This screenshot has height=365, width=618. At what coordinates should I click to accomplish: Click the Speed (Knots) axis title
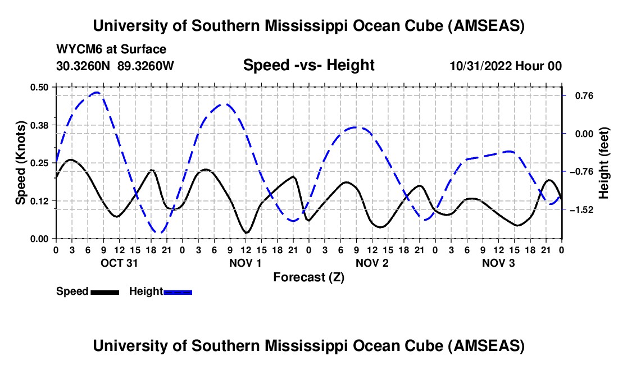pos(20,163)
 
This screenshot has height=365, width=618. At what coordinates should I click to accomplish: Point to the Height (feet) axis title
pos(604,163)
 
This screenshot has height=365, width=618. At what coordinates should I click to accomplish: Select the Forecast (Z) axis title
pos(308,277)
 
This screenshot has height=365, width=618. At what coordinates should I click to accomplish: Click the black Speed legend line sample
pos(104,291)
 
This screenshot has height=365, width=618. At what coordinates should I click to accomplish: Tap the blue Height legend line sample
pos(178,291)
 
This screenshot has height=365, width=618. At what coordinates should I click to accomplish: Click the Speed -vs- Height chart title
pos(308,65)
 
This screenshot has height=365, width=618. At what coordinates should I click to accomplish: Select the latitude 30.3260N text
pos(83,66)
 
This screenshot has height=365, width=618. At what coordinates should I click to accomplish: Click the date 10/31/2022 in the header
pos(481,66)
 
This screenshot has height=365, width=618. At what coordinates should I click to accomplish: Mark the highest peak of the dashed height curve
pos(97,93)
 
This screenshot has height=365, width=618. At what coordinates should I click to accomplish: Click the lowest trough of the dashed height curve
pos(159,232)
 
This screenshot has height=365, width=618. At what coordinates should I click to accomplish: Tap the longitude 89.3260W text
pos(146,66)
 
